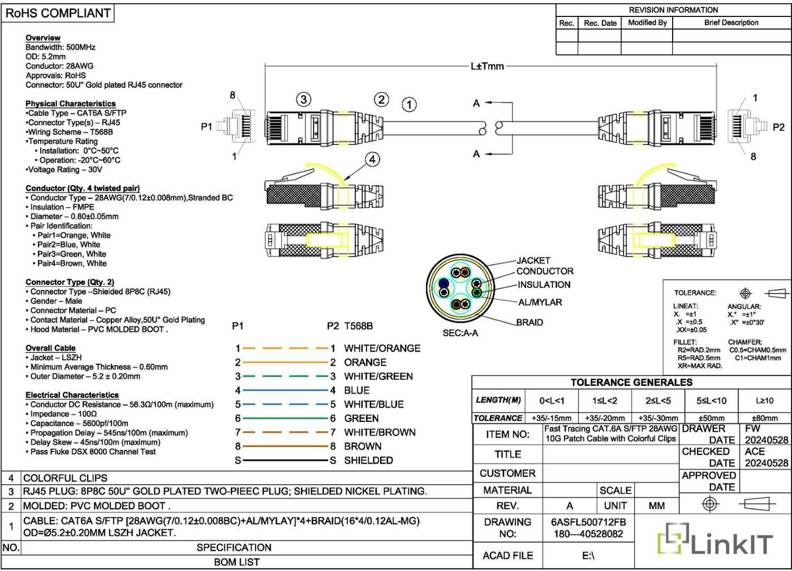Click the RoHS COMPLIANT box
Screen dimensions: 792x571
[58, 13]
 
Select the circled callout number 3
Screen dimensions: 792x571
[303, 100]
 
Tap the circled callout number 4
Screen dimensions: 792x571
[372, 160]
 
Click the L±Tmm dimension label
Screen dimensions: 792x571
[487, 66]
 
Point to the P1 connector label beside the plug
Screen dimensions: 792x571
[206, 126]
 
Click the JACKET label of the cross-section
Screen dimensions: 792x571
[533, 261]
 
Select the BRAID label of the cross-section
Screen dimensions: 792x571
[530, 322]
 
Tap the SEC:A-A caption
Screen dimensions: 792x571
[460, 333]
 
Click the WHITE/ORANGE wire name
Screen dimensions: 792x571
[382, 348]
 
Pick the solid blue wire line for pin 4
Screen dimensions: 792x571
[285, 390]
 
